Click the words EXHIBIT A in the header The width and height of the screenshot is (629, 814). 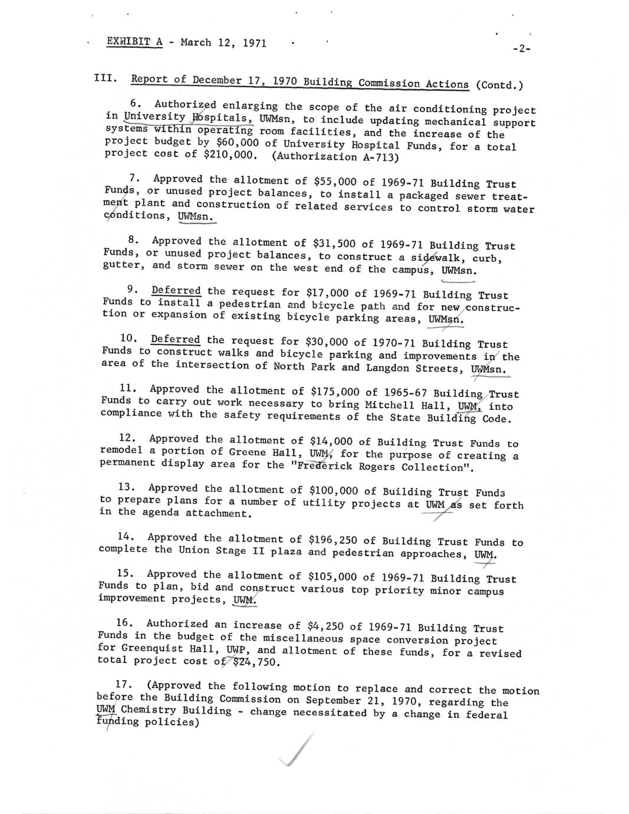point(134,42)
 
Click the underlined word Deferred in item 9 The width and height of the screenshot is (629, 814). point(176,291)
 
